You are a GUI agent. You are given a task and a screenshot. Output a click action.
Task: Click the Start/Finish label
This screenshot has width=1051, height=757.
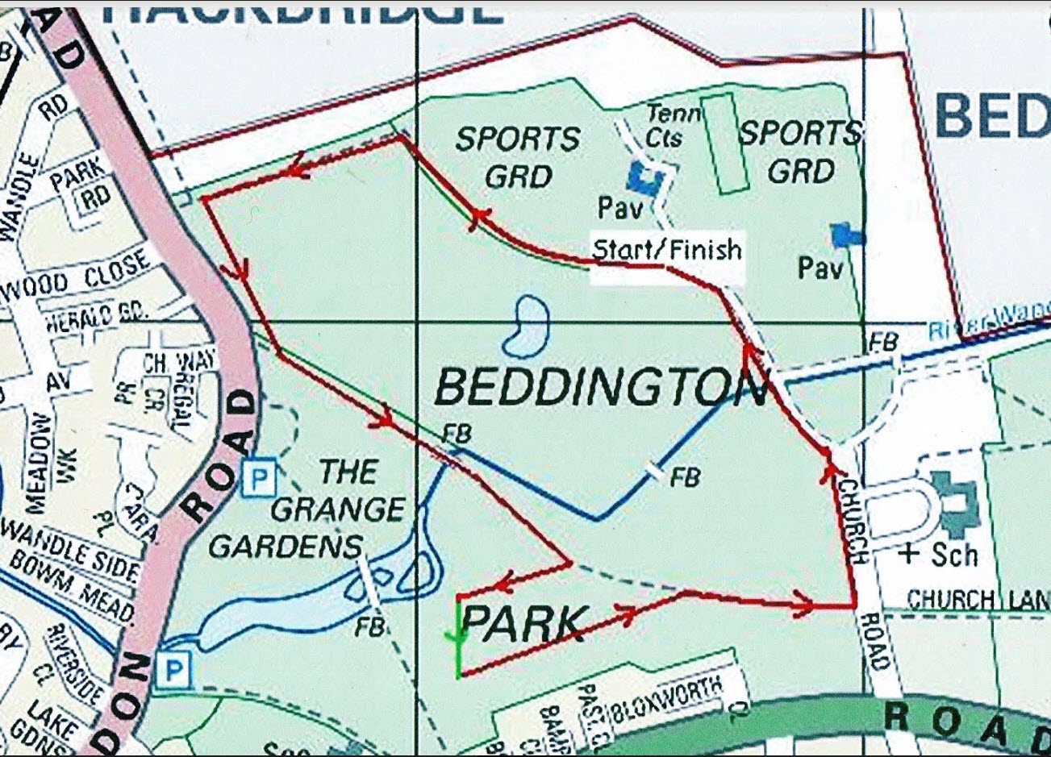point(666,250)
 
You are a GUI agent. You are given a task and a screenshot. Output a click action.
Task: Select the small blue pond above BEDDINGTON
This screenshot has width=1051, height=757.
point(525,326)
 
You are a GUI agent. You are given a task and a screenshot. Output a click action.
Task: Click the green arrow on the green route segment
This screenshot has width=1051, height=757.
point(458,637)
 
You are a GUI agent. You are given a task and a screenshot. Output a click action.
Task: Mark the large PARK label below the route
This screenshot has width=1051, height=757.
point(523,624)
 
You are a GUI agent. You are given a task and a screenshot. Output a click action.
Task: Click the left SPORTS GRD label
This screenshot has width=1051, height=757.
point(517,156)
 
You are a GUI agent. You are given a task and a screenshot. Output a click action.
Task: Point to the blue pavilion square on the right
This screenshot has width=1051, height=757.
point(846,235)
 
